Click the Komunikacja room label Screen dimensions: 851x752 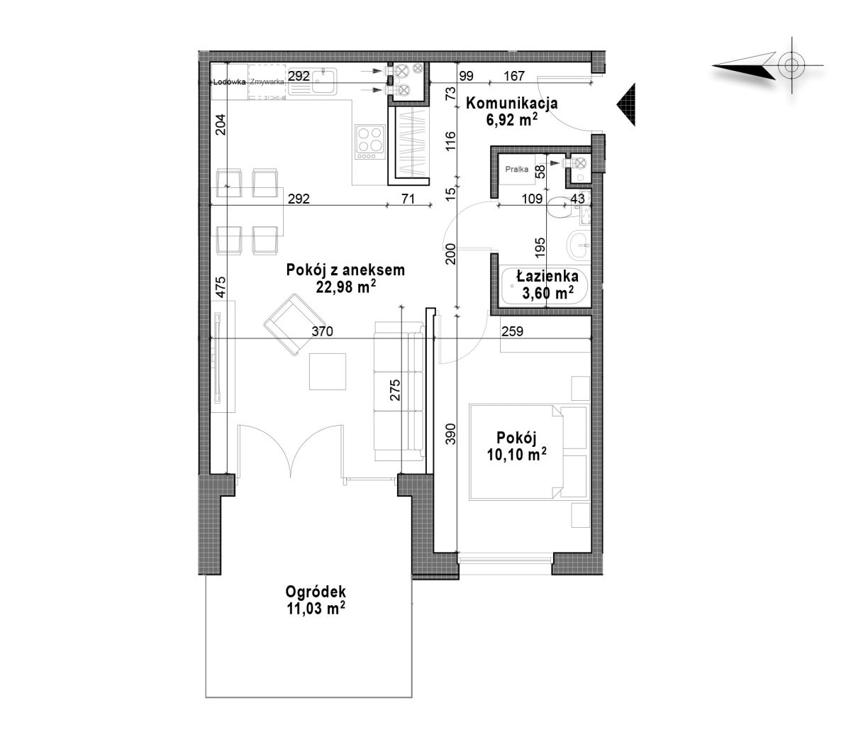click(x=511, y=103)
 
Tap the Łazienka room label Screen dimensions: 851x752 click(x=547, y=276)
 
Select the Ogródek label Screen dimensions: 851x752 click(x=316, y=592)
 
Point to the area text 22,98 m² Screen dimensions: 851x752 click(x=345, y=287)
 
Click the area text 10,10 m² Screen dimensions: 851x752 click(x=517, y=454)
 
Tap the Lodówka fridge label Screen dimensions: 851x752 click(x=229, y=82)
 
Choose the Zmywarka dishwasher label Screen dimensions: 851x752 click(x=267, y=82)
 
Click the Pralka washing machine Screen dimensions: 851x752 click(x=517, y=170)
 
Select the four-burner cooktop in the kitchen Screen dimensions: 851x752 click(x=370, y=142)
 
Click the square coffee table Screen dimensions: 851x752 click(x=328, y=372)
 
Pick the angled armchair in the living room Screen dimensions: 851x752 click(x=292, y=324)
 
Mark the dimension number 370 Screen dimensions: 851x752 click(x=322, y=331)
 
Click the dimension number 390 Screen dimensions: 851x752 click(x=450, y=433)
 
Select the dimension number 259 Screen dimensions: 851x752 click(x=513, y=331)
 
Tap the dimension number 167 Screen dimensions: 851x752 click(x=514, y=76)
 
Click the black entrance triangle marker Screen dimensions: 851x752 click(x=626, y=104)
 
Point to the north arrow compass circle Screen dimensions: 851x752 click(x=791, y=66)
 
